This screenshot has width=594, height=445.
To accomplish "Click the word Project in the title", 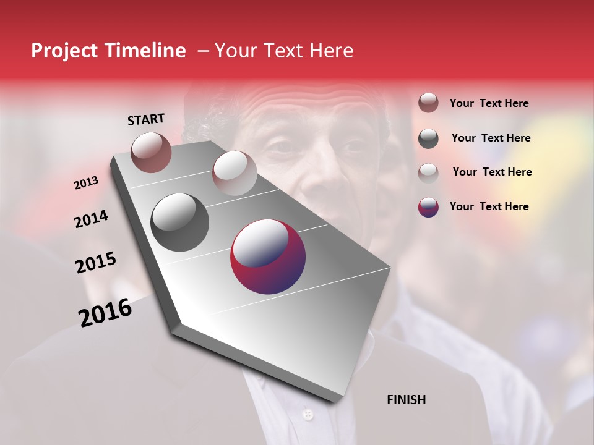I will click(x=64, y=51).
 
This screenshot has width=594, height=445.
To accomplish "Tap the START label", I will click(x=146, y=119).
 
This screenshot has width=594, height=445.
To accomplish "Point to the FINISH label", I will click(x=406, y=400).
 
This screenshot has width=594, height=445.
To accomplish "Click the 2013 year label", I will click(x=87, y=183).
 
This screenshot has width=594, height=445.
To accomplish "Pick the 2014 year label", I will click(x=92, y=219).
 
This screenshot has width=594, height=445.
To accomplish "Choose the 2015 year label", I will click(x=96, y=263).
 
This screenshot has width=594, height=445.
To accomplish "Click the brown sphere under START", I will click(x=151, y=152).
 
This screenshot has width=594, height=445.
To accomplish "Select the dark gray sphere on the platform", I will click(x=180, y=222).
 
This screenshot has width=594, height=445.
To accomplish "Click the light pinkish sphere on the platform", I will click(x=235, y=173).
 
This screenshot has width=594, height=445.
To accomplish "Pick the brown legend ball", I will click(x=428, y=103).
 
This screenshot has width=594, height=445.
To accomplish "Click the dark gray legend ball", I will click(x=428, y=138).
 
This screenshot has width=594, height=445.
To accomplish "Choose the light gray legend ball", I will click(x=428, y=172).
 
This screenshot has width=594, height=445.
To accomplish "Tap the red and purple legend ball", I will click(x=428, y=207).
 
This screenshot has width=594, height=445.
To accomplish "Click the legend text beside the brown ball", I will click(x=489, y=104).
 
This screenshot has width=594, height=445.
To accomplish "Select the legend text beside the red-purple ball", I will click(x=489, y=206).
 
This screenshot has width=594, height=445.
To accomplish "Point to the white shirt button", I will click(x=307, y=414).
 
